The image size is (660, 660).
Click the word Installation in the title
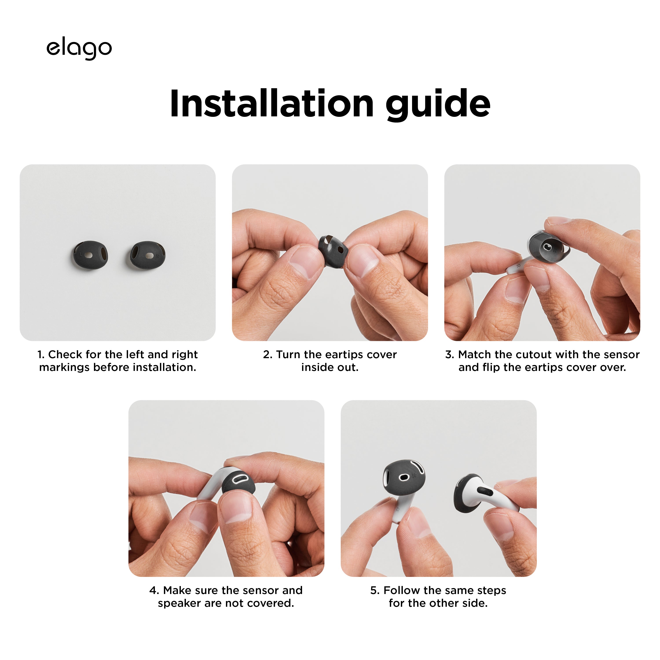[x=271, y=103]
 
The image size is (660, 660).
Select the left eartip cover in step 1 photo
[x=90, y=255]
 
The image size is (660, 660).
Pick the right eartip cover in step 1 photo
[x=148, y=255]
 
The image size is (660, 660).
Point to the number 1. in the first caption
[x=41, y=355]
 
